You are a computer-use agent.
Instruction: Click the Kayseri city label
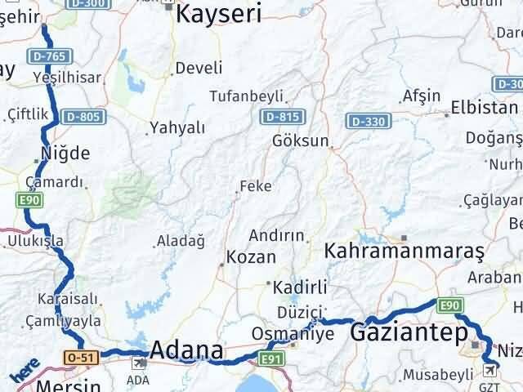coord(219,13)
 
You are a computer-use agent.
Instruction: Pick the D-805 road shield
coord(84,117)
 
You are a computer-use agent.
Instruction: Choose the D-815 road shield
coord(279,117)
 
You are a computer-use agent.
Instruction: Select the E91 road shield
coord(272,358)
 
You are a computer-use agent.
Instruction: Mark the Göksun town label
coord(302,140)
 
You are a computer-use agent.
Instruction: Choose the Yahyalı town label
coord(177,127)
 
